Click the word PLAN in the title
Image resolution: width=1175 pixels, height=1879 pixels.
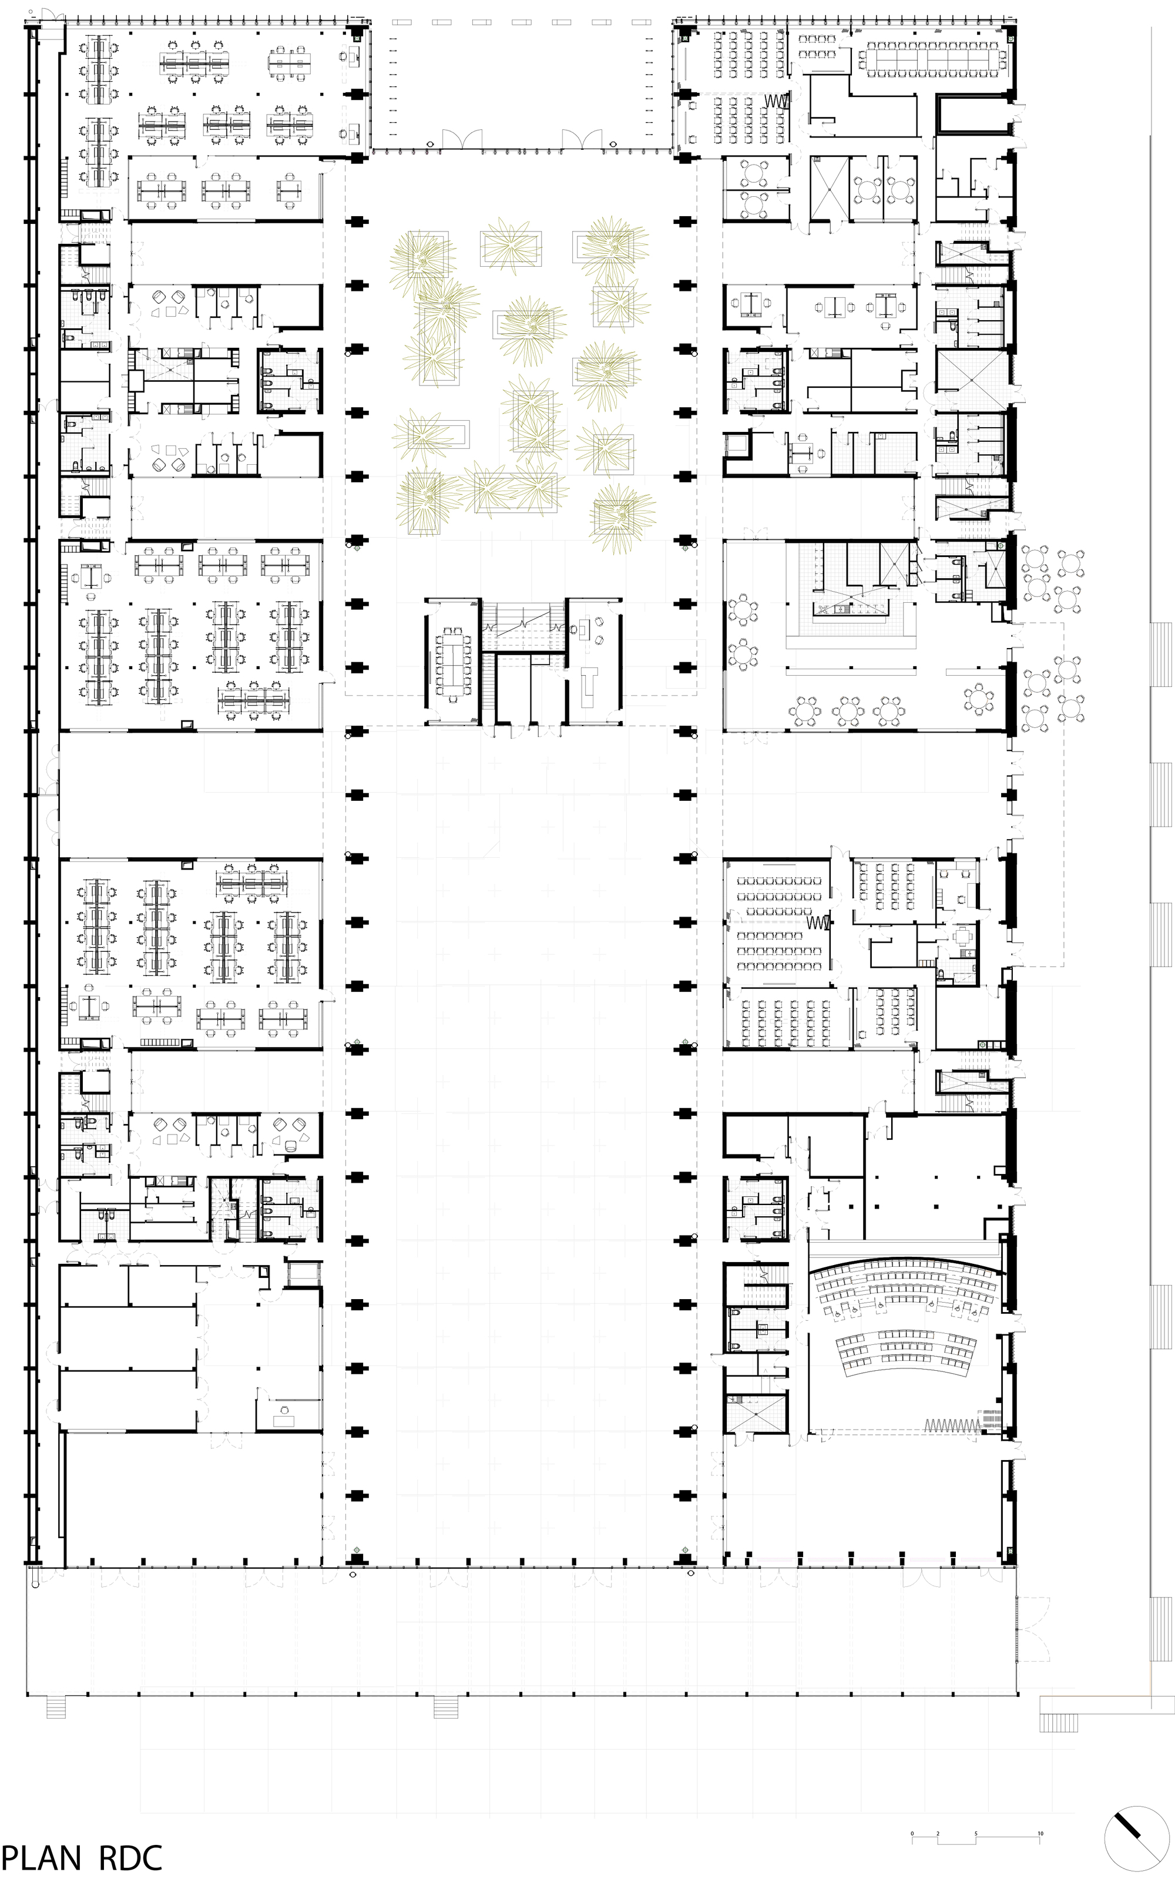coord(41,1858)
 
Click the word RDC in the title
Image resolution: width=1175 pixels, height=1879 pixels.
coord(130,1858)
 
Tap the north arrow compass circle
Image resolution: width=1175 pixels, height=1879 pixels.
coord(1136,1844)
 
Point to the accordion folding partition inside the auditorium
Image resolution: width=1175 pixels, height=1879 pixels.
coord(953,1424)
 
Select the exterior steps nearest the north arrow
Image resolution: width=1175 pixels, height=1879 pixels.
coord(1060,1722)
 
